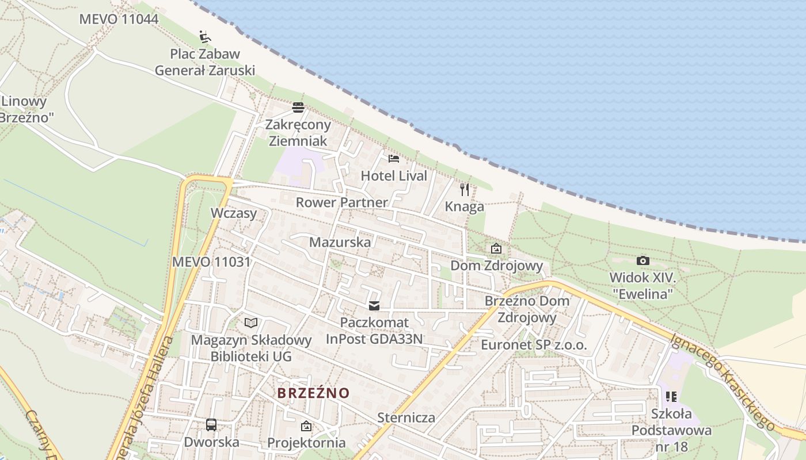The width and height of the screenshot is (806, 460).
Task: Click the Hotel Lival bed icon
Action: click(394, 159)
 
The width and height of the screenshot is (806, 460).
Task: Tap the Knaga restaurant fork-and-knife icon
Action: click(465, 189)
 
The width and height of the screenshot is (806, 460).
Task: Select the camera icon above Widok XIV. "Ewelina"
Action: click(643, 260)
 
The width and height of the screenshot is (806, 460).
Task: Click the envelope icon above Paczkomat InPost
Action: click(374, 305)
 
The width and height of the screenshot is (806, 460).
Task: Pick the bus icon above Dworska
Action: click(211, 425)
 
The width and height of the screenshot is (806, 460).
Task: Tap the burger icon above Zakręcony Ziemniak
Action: click(298, 108)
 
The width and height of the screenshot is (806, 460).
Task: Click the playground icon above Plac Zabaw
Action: click(204, 37)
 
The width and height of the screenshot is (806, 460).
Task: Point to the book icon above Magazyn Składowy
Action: click(250, 323)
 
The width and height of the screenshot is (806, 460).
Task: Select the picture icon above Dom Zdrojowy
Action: click(496, 248)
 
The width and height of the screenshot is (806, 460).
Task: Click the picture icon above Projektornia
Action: click(306, 426)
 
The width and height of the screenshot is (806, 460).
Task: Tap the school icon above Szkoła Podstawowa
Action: click(671, 396)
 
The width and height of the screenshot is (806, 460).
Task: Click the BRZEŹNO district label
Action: click(313, 393)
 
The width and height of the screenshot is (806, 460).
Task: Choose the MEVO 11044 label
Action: click(119, 19)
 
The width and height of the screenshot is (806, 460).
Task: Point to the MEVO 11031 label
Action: click(211, 262)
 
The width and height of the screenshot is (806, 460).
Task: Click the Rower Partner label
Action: click(342, 202)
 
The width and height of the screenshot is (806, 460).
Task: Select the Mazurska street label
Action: click(340, 242)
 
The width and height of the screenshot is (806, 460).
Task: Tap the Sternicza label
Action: click(406, 417)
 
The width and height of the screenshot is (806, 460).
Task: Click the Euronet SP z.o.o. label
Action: click(534, 346)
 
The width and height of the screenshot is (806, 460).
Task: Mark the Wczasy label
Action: click(233, 213)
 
